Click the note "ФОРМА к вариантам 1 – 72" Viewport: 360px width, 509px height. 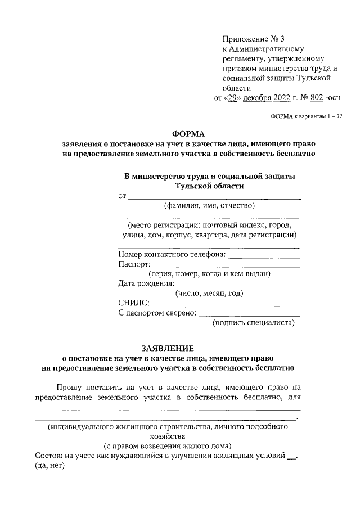[307, 116]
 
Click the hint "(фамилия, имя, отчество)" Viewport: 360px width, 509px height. [209, 205]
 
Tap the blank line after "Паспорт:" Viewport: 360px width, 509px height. [226, 266]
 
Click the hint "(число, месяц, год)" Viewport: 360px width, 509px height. [209, 294]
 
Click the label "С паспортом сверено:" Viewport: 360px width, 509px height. [157, 313]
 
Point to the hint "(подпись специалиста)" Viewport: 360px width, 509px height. [253, 323]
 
